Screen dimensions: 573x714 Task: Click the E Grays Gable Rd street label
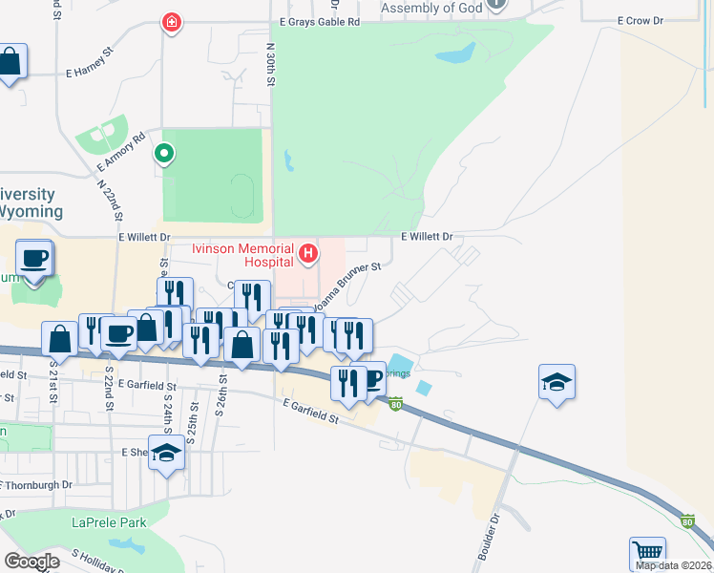click(x=320, y=20)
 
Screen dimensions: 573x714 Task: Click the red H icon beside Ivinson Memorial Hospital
click(x=308, y=253)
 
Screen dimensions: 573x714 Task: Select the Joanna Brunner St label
click(x=349, y=286)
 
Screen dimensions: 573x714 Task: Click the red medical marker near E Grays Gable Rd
click(x=172, y=21)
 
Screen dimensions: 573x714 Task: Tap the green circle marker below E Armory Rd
click(x=164, y=153)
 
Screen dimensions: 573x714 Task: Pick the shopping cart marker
click(x=647, y=552)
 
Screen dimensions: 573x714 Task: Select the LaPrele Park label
click(x=109, y=522)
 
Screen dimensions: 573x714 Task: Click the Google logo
click(x=32, y=561)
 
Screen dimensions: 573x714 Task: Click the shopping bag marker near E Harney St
click(x=10, y=62)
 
